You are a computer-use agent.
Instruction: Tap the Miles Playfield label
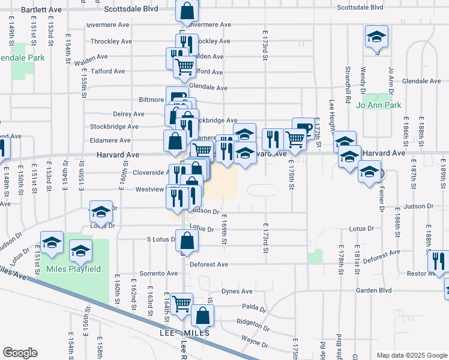click(74, 269)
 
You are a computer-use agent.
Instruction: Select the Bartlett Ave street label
click(41, 10)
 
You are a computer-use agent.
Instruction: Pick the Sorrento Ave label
click(158, 273)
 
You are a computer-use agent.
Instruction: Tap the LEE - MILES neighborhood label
click(184, 332)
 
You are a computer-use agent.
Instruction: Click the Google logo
click(20, 353)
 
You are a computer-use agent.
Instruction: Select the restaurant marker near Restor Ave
click(438, 261)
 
